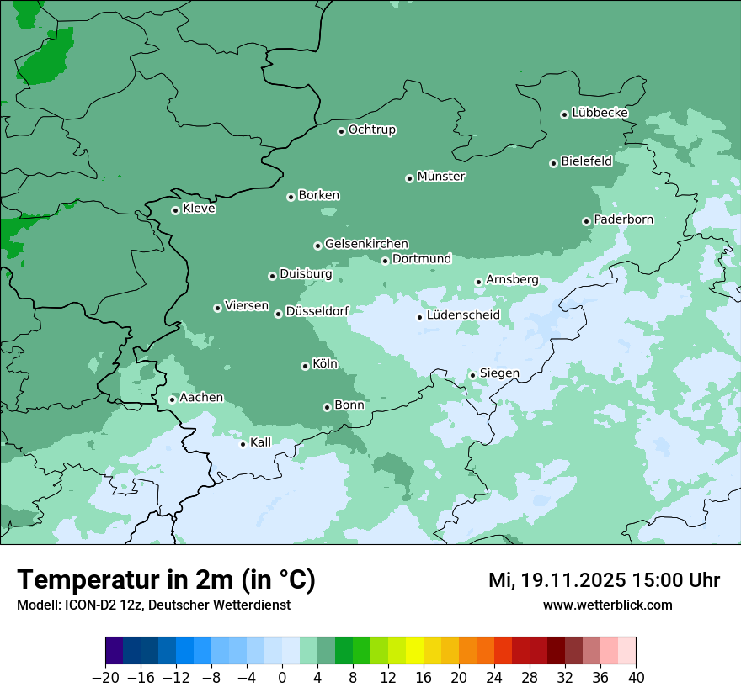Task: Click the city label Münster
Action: click(x=441, y=177)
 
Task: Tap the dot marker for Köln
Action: click(x=305, y=366)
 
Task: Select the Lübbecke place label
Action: click(x=600, y=113)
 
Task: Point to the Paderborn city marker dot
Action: click(x=586, y=221)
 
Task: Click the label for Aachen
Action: click(x=201, y=397)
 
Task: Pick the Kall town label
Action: click(x=261, y=442)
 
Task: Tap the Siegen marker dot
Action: click(x=472, y=375)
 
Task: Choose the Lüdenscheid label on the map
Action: click(x=463, y=315)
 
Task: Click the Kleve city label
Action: click(x=199, y=209)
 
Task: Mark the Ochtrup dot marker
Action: click(x=341, y=131)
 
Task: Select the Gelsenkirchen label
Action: click(x=366, y=244)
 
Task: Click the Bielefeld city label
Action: click(x=586, y=161)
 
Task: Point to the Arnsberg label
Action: click(x=512, y=279)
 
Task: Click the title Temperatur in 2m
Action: click(x=166, y=580)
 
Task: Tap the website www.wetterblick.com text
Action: click(x=607, y=605)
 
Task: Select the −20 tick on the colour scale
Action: click(x=105, y=678)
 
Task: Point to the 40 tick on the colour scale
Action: click(x=636, y=678)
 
